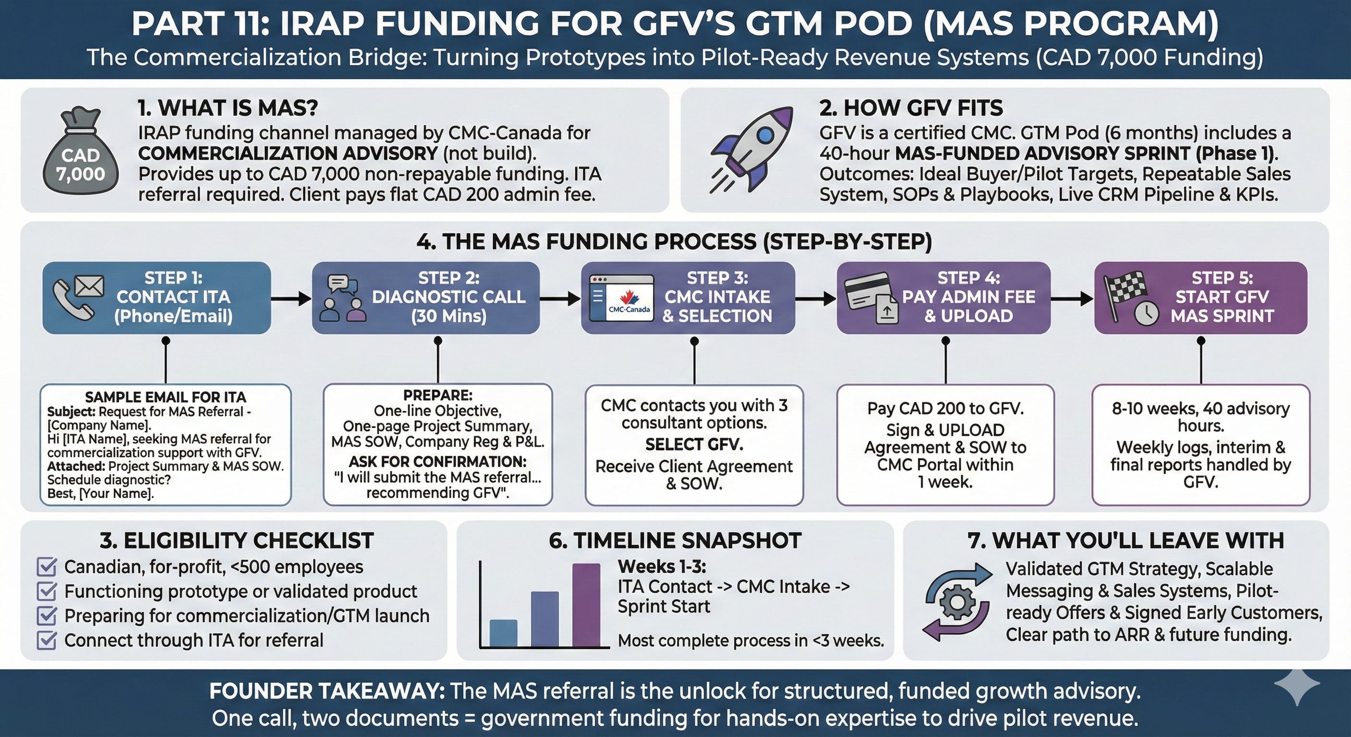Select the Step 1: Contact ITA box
(x=157, y=297)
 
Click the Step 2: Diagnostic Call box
(x=426, y=297)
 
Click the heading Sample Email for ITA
(x=165, y=397)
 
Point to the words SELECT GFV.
(x=694, y=444)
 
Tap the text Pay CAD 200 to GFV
(x=945, y=408)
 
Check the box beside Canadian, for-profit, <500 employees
(x=47, y=567)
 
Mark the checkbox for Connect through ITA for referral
(x=47, y=640)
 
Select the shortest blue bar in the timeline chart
(x=503, y=633)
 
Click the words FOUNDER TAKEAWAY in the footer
(x=327, y=691)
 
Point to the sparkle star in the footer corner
(x=1296, y=686)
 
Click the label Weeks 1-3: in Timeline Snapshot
(x=662, y=567)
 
